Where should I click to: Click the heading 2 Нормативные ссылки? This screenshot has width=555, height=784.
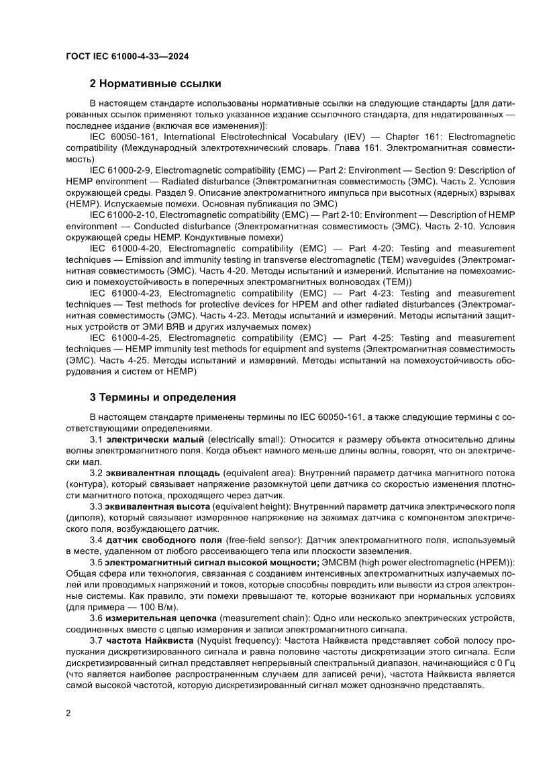tap(155, 84)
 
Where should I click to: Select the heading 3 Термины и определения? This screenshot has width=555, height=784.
tap(162, 398)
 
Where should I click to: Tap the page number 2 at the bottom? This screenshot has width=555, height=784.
tap(68, 732)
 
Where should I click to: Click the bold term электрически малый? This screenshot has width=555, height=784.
tap(155, 439)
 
